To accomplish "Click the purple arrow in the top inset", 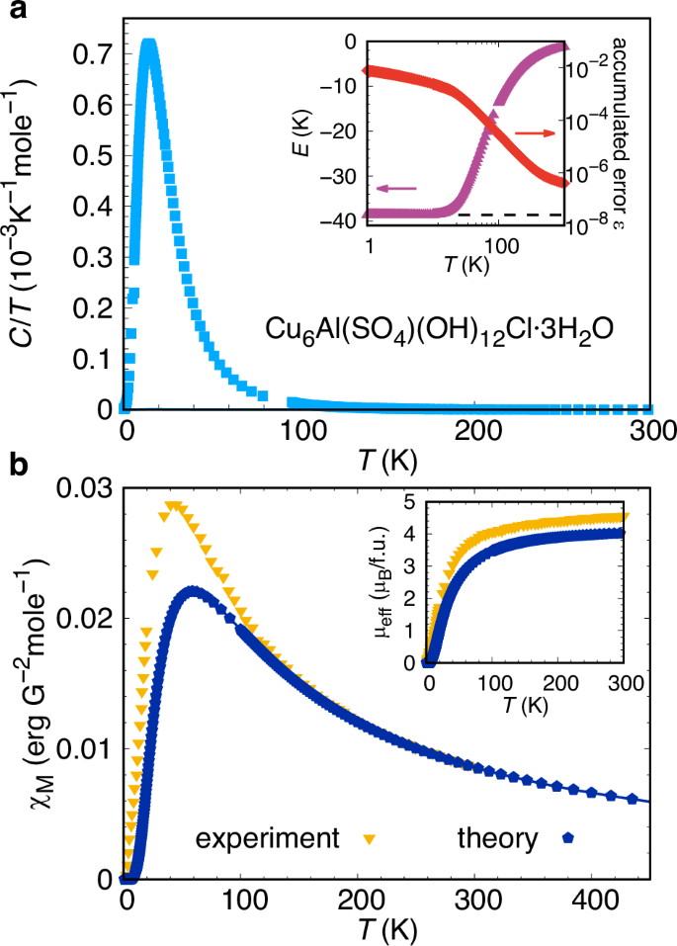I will (x=395, y=188).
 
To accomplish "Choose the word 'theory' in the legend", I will (x=497, y=839).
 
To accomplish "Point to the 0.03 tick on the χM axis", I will (x=86, y=486).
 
